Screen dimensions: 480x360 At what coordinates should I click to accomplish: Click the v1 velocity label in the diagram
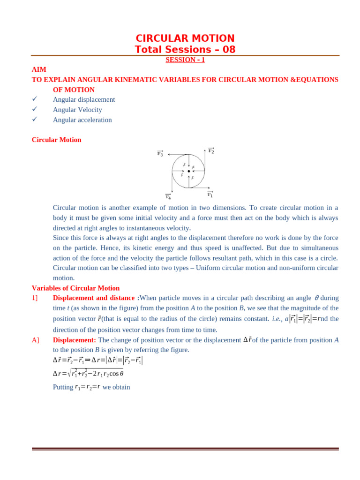coord(210,194)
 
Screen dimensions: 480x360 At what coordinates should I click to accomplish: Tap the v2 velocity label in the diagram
coord(211,150)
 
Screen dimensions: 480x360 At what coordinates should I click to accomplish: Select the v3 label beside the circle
coord(160,153)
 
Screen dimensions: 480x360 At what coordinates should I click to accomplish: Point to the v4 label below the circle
coord(168,197)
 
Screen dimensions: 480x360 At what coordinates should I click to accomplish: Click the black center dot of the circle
coord(188,171)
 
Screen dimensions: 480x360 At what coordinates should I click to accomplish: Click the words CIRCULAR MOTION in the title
coord(185,38)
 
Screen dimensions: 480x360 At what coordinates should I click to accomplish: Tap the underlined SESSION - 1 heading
coord(185,60)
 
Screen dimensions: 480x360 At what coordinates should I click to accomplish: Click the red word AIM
coord(39,69)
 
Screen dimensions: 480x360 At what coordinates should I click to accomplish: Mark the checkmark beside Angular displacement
coord(35,99)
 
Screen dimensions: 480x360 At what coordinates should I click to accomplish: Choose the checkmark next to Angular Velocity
coord(35,109)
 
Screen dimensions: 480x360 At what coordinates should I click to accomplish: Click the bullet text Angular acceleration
coord(82,120)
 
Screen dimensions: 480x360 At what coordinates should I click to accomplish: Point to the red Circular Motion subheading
coord(56,140)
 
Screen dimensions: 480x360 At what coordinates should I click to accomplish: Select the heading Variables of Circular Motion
coord(75,288)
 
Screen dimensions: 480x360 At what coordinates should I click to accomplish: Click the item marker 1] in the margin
coord(35,298)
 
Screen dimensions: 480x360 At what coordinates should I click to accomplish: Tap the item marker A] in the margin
coord(36,340)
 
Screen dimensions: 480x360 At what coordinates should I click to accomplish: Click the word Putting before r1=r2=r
coord(63,387)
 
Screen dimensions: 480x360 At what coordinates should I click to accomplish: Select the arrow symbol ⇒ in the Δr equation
coord(88,360)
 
